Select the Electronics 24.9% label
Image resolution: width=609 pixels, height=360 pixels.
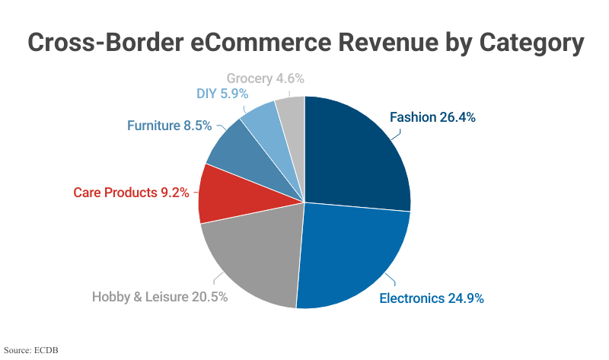pos(432,298)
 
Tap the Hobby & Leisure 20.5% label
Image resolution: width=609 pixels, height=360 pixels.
pos(160,297)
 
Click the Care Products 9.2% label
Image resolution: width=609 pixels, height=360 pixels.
pos(131,193)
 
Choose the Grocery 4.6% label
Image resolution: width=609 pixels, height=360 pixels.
pos(266,78)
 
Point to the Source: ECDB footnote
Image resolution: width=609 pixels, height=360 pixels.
pos(31,350)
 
